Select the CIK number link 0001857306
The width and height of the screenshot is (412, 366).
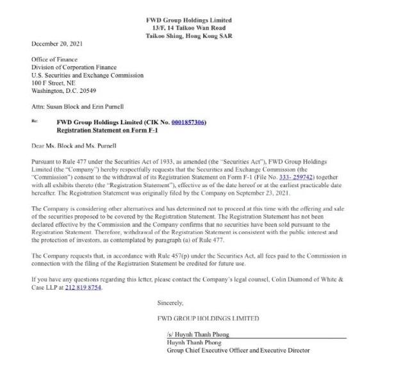click(188, 122)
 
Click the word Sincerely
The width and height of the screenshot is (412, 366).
click(170, 303)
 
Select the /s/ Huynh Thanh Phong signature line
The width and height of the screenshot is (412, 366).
click(197, 335)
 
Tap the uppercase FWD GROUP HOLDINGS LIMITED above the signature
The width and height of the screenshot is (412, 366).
click(208, 318)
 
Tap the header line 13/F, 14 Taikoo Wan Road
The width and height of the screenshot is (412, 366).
click(189, 28)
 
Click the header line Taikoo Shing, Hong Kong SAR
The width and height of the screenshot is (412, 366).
click(189, 36)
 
